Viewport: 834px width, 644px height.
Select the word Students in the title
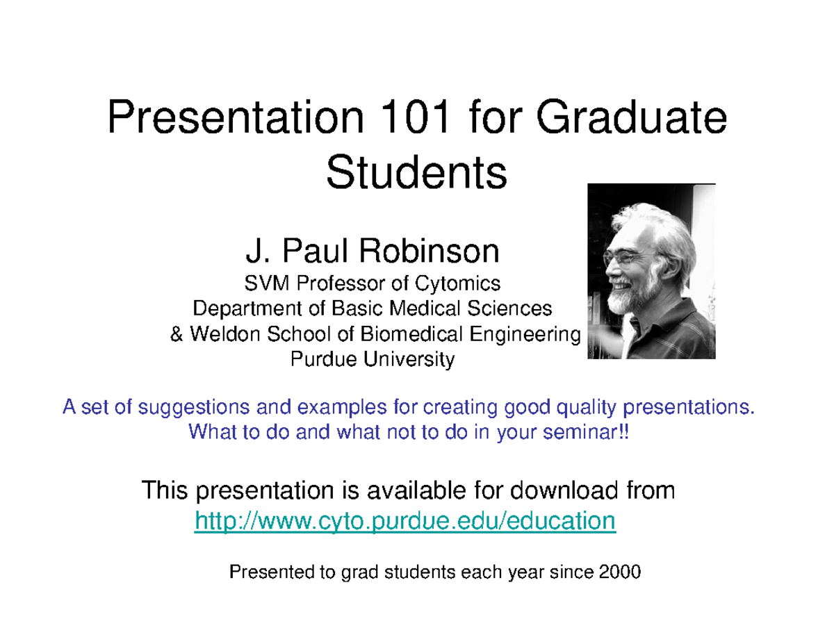pos(417,174)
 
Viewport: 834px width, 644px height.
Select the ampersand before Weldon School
pos(177,335)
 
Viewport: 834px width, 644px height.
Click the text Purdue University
pos(372,360)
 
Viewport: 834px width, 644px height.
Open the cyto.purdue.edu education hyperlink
pos(404,520)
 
